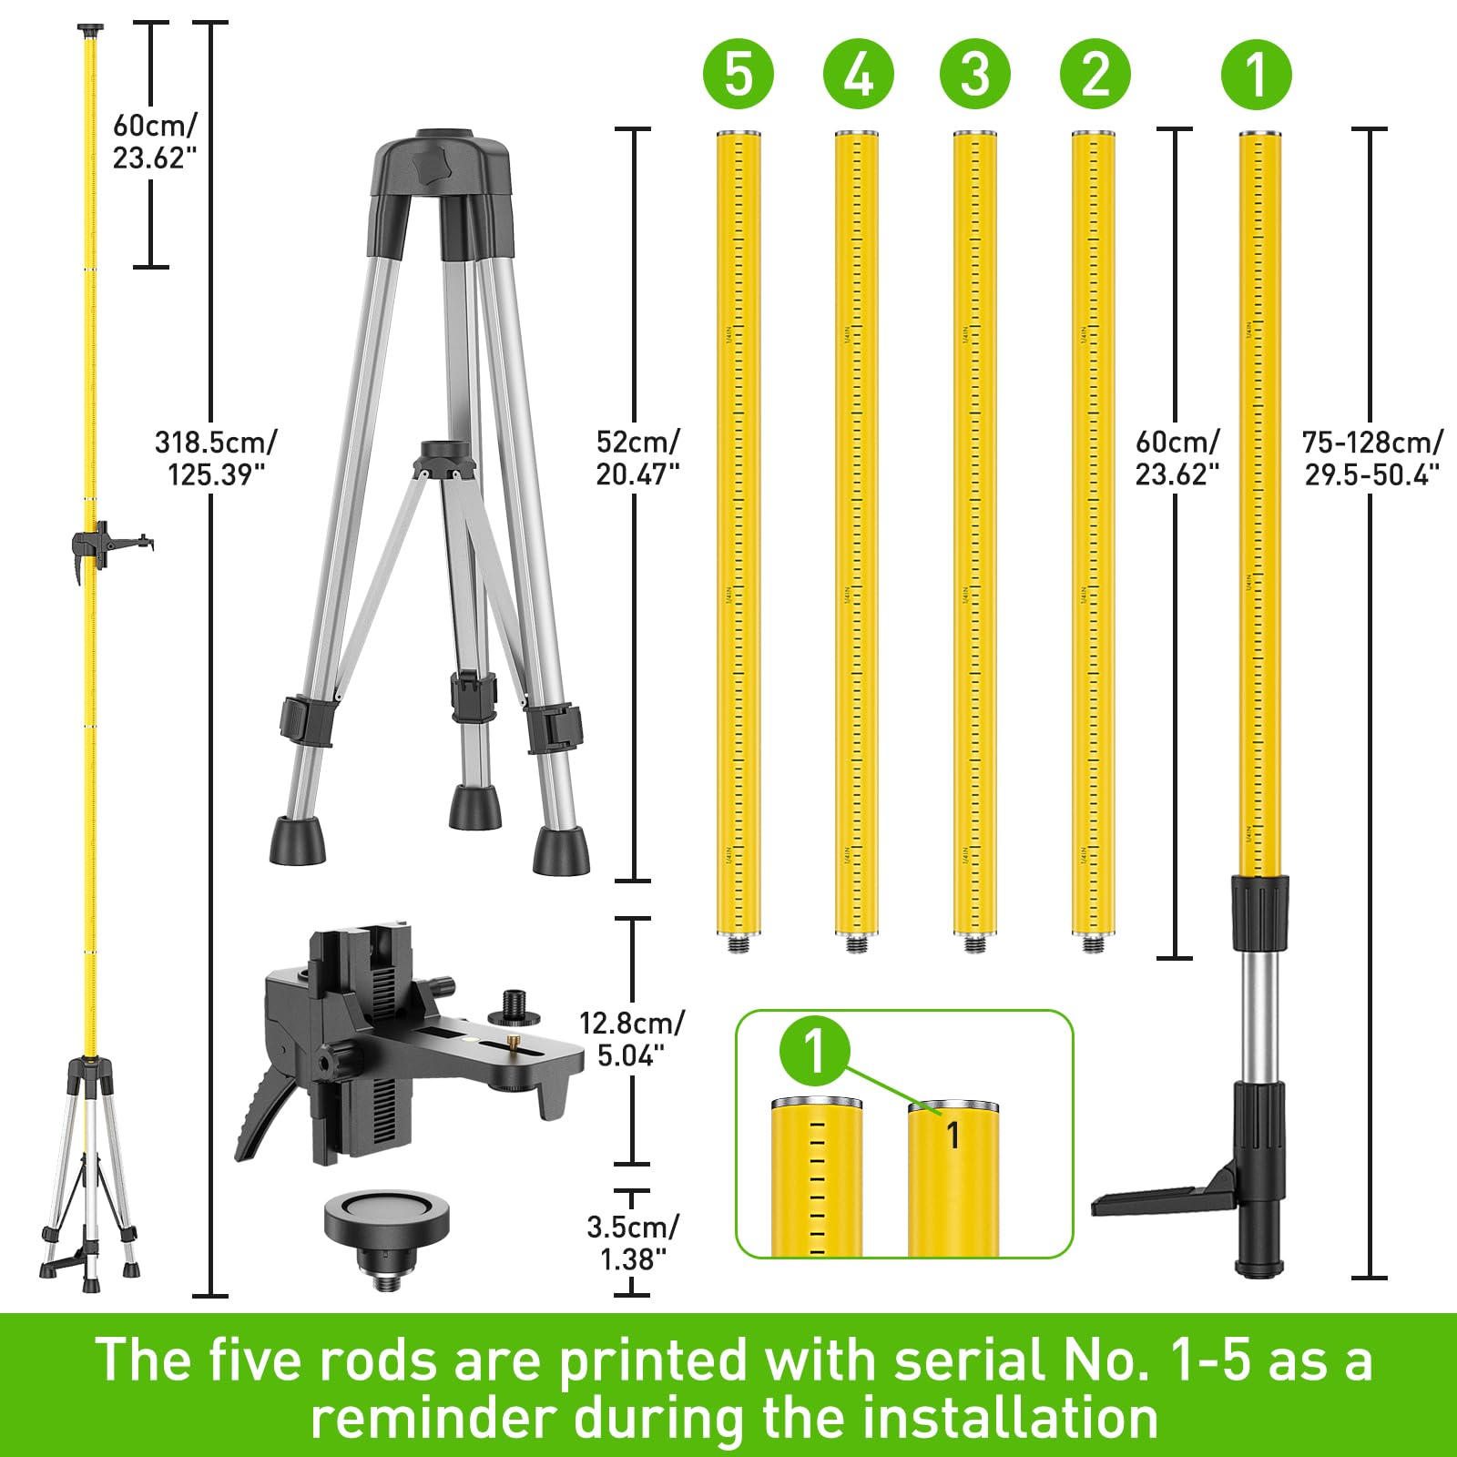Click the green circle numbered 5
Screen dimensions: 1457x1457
coord(739,74)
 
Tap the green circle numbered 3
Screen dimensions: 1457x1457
coord(974,74)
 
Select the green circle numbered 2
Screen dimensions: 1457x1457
coord(1095,74)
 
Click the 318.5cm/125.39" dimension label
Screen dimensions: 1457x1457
coord(216,458)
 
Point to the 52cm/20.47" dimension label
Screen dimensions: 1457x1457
coord(637,458)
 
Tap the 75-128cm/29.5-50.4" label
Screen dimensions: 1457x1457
coord(1371,458)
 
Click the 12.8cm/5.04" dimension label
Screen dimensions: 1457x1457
coord(631,1039)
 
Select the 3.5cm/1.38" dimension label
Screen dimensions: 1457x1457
coord(631,1243)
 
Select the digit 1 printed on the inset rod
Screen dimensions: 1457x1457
coord(953,1136)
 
